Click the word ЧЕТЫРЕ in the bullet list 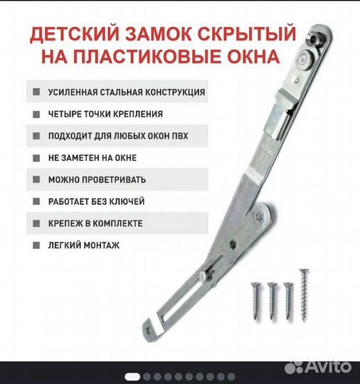tap(66, 114)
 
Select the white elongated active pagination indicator tap(133, 376)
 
